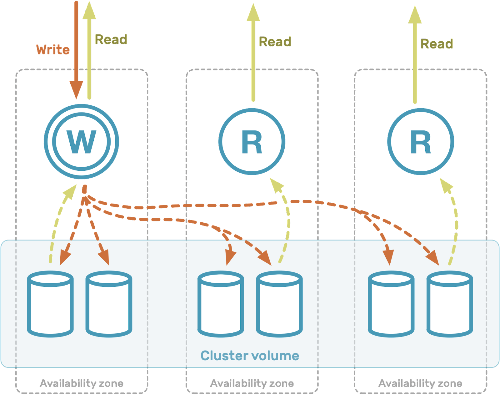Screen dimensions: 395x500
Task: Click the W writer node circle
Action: click(x=81, y=142)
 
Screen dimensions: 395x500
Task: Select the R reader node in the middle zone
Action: click(x=252, y=142)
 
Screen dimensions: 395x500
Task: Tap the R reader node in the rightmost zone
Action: click(x=421, y=142)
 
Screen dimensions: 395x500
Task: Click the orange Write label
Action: click(x=53, y=50)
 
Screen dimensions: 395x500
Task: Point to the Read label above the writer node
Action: click(x=111, y=40)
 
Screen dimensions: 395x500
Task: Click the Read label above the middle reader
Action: click(x=275, y=42)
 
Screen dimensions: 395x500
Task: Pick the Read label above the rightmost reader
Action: click(x=437, y=44)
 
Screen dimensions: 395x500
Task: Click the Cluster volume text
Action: click(x=250, y=356)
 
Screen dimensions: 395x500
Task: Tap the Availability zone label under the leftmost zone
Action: click(x=82, y=383)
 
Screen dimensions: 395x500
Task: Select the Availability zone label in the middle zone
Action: click(x=252, y=383)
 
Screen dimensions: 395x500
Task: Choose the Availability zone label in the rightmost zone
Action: click(x=420, y=383)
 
